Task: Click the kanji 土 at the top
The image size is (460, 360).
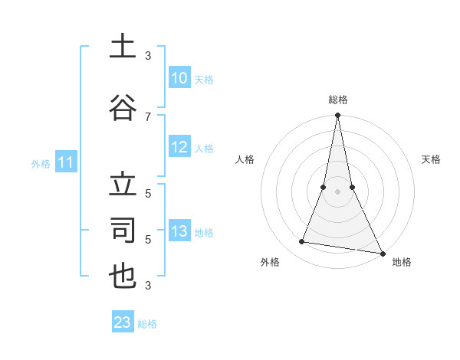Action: click(x=123, y=47)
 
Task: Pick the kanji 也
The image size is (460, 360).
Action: click(x=123, y=276)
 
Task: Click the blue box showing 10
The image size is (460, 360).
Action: click(x=179, y=78)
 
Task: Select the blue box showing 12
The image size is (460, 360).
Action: click(x=179, y=148)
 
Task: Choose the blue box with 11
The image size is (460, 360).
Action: click(x=65, y=162)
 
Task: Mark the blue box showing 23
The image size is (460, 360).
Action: click(x=123, y=322)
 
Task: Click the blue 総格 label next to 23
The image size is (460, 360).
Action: click(x=147, y=324)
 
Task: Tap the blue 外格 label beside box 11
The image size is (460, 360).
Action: click(x=40, y=163)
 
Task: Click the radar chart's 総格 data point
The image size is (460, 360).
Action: click(x=337, y=116)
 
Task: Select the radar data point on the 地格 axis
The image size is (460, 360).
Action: click(x=382, y=252)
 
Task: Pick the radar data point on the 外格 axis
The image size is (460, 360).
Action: click(x=302, y=242)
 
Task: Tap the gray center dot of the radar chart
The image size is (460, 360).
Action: click(x=337, y=191)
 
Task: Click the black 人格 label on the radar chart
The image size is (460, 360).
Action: click(x=245, y=159)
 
